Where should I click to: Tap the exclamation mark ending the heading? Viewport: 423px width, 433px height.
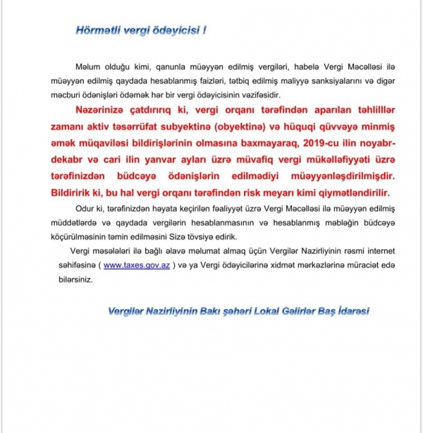205,30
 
